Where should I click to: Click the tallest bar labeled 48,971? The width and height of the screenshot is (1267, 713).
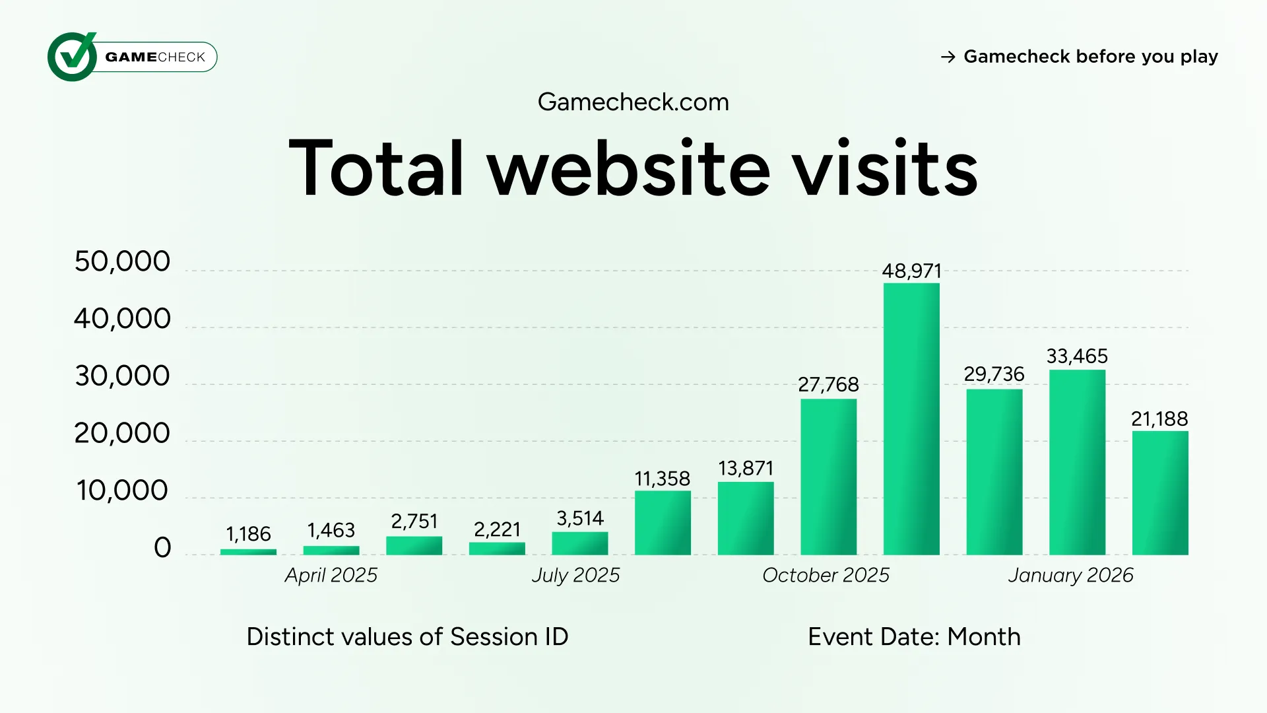click(x=911, y=419)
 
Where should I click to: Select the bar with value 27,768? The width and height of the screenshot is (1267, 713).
click(x=828, y=477)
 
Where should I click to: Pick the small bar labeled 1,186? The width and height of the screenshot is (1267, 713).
click(x=248, y=551)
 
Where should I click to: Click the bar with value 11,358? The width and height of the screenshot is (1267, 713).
click(x=663, y=522)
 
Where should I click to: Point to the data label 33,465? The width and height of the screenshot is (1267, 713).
click(x=1077, y=356)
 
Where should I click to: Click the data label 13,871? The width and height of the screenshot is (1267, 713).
click(x=746, y=469)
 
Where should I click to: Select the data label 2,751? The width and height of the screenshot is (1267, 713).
click(x=414, y=522)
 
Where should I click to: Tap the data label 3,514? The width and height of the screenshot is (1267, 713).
click(x=580, y=519)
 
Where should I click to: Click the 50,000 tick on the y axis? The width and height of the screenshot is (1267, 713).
click(x=122, y=261)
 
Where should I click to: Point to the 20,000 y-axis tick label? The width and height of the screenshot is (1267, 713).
click(x=122, y=433)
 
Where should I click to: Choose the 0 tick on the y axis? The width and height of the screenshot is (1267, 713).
click(x=162, y=548)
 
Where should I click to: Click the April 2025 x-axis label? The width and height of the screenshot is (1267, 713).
click(x=331, y=575)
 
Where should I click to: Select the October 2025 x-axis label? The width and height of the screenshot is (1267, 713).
click(x=826, y=575)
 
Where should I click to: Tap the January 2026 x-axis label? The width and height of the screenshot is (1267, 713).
click(x=1070, y=575)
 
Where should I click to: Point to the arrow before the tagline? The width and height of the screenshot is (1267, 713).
click(x=948, y=57)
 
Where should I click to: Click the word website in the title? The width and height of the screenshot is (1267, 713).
click(x=628, y=168)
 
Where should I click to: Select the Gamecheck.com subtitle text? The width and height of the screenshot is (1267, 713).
click(x=633, y=102)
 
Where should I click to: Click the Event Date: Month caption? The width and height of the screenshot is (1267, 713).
click(x=914, y=637)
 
